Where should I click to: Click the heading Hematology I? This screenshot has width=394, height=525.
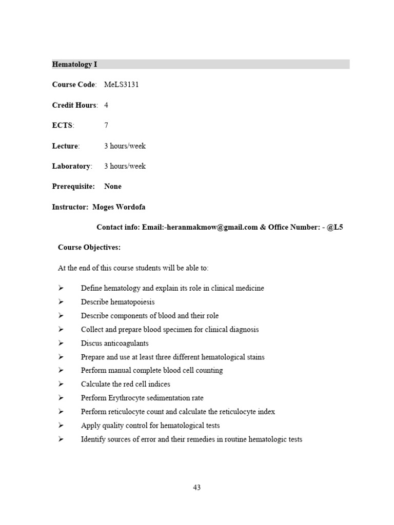point(74,65)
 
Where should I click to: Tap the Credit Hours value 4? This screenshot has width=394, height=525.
point(106,105)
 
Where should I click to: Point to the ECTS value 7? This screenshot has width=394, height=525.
point(106,126)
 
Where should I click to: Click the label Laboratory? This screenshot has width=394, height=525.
point(71,166)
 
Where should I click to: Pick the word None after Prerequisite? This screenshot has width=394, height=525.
point(113,187)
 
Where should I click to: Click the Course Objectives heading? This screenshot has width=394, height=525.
point(89,248)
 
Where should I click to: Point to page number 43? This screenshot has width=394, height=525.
point(197,488)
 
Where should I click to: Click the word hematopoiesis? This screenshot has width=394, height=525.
point(131,302)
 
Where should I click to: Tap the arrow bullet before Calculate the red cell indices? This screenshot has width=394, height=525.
point(61,384)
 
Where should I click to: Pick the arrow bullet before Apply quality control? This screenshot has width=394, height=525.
point(61,426)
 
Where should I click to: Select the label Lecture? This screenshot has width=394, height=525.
point(66,146)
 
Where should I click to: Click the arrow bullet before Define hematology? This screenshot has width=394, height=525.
point(61,288)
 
